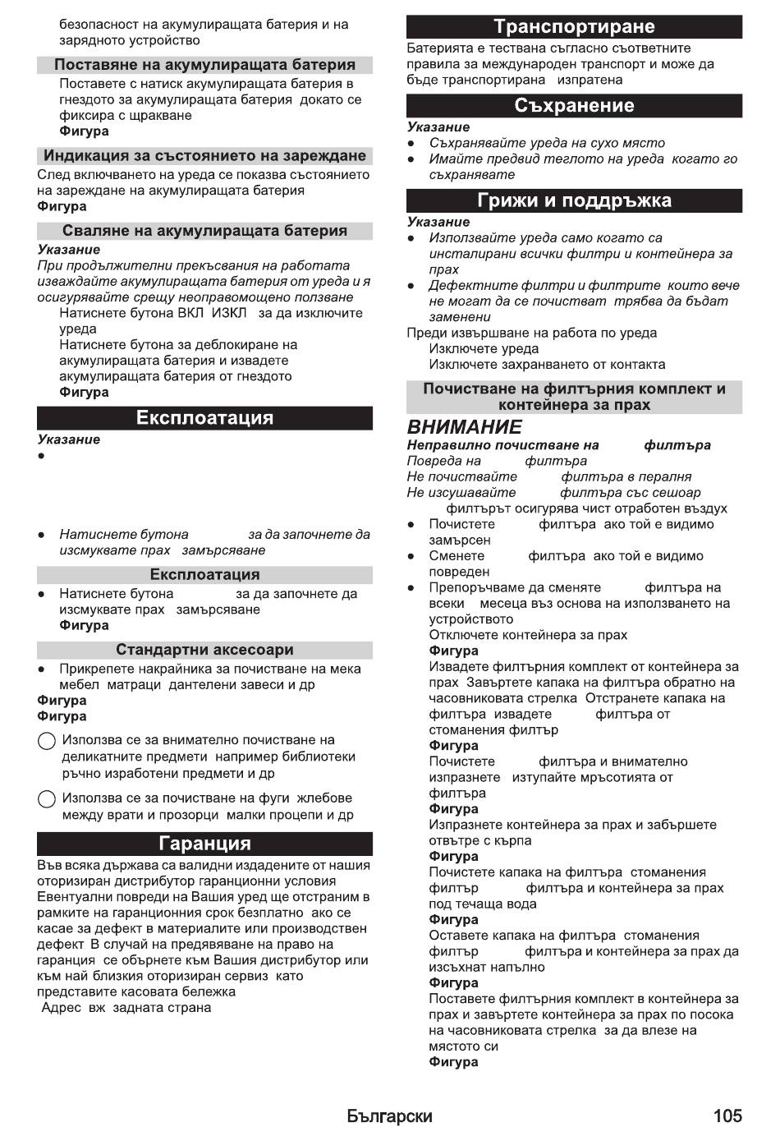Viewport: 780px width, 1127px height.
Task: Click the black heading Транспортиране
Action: point(574,27)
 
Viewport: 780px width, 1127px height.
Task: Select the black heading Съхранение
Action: point(574,106)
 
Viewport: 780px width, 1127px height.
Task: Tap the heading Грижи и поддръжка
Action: point(574,201)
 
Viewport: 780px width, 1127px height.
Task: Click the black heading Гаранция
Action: point(204,844)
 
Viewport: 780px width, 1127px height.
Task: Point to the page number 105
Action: point(727,1115)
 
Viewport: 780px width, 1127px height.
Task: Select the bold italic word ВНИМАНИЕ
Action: point(464,427)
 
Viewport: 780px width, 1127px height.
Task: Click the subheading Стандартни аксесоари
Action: point(204,650)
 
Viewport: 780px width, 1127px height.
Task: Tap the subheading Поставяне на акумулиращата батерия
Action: point(204,65)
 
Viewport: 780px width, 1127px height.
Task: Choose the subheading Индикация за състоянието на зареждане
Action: point(204,156)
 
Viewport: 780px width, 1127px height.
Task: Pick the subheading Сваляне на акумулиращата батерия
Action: point(204,231)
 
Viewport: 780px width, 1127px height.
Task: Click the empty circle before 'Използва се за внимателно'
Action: point(47,742)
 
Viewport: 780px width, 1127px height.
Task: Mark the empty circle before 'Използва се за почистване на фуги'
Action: point(47,799)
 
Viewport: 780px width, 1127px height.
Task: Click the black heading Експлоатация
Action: point(204,418)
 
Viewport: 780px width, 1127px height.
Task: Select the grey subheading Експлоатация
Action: point(204,575)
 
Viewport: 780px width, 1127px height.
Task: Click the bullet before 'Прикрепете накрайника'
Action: point(41,669)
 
